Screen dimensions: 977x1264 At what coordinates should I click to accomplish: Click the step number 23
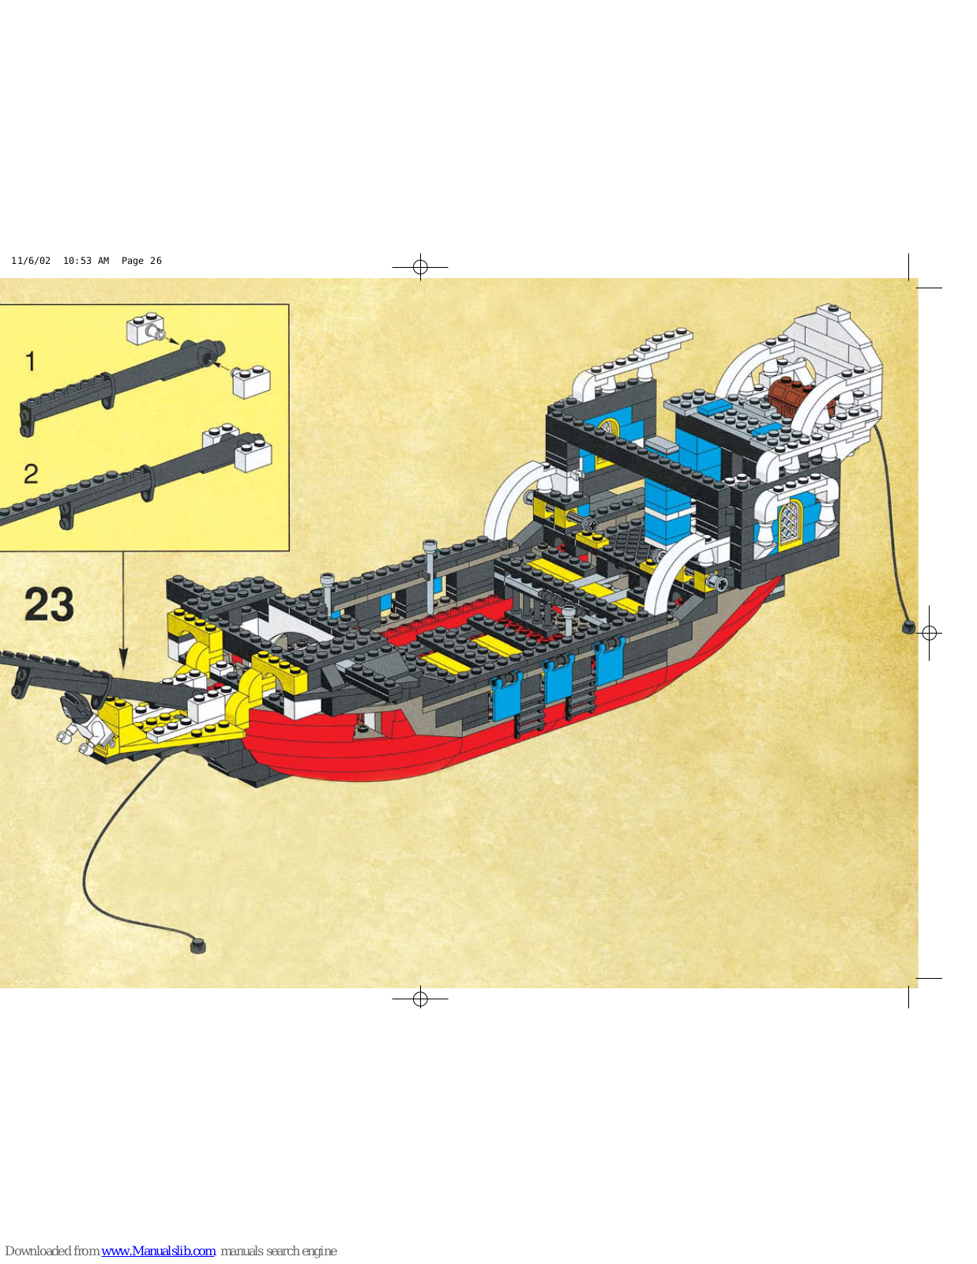49,605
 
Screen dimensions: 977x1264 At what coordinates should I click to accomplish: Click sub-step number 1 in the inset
30,362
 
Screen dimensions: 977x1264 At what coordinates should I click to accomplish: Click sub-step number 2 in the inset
31,474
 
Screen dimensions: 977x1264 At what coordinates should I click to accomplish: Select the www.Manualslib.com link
159,1251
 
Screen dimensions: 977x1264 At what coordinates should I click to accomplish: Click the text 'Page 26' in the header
141,261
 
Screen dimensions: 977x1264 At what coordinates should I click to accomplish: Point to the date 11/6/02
31,261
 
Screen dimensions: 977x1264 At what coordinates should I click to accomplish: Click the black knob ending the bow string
198,945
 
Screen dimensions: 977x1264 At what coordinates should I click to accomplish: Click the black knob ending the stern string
908,628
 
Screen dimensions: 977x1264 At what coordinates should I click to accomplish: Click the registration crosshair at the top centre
420,267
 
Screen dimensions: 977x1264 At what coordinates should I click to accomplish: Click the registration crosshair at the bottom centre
420,999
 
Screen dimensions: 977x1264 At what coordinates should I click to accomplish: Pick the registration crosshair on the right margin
930,633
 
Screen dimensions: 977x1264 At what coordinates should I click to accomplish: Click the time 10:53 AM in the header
86,261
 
